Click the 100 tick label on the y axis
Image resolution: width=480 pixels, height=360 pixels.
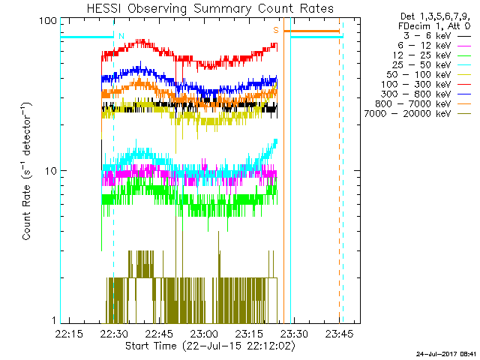(49, 21)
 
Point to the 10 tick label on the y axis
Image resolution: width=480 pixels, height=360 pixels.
(52, 171)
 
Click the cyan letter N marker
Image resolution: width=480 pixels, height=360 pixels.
(121, 34)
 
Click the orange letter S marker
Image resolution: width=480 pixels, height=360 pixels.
(275, 30)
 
